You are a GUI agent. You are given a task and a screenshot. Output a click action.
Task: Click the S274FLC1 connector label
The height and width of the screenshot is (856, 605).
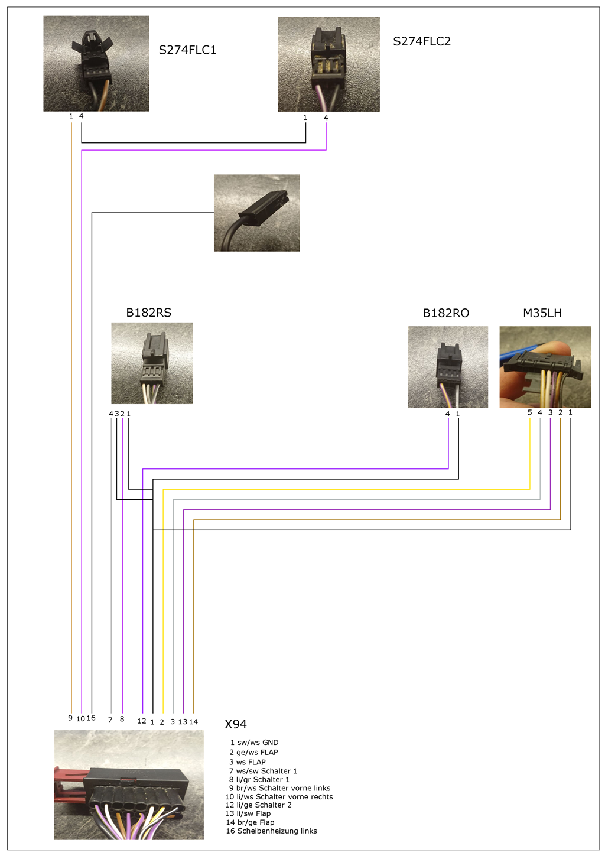[187, 50]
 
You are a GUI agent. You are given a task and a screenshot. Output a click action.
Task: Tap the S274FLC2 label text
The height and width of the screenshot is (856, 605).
[422, 41]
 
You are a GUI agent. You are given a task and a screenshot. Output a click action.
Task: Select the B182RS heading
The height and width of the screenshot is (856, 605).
[148, 313]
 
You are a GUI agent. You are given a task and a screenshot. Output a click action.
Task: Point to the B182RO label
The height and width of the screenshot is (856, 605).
[445, 313]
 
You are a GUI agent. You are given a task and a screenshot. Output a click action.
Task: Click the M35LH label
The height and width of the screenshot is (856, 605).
[542, 313]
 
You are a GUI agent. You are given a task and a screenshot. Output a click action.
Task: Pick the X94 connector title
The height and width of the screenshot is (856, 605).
[236, 724]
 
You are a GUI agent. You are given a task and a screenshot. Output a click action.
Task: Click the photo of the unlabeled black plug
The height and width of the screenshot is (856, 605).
[256, 213]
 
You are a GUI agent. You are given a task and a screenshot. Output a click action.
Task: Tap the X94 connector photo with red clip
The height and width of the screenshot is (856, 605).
[129, 785]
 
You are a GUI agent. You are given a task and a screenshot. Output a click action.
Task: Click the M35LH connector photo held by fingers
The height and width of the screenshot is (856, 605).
[545, 366]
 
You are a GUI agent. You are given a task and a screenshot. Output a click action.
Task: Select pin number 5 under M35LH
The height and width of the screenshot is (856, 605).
[530, 412]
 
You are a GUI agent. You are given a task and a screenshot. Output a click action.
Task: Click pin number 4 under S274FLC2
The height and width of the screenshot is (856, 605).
[326, 118]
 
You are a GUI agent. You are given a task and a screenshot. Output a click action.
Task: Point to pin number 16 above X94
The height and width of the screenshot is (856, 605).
[91, 718]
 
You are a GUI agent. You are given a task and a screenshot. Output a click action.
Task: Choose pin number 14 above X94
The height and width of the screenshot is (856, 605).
[193, 722]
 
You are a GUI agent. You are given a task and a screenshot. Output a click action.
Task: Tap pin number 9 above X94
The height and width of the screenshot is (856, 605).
[70, 718]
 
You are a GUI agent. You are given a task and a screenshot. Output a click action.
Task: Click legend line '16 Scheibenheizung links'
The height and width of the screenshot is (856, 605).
[271, 831]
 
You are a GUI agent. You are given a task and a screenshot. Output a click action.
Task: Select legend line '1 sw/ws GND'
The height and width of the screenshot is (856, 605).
[254, 743]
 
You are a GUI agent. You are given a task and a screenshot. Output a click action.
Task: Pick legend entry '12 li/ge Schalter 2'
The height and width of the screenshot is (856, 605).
[258, 805]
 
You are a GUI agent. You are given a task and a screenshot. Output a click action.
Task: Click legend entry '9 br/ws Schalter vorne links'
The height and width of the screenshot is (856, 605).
[279, 788]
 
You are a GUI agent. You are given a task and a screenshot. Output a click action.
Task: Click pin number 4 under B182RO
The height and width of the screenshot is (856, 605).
[447, 414]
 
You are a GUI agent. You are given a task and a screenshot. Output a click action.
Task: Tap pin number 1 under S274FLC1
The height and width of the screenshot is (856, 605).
[71, 116]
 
